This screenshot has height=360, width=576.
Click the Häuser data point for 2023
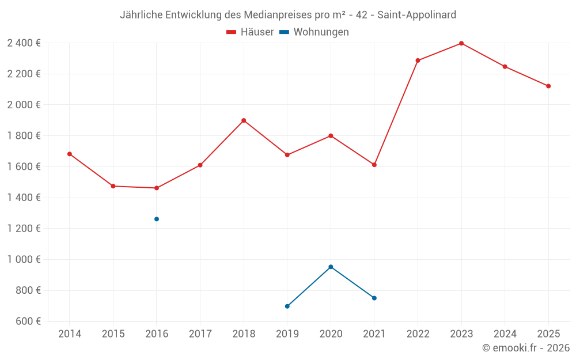461,43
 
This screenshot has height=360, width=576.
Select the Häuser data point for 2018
244,120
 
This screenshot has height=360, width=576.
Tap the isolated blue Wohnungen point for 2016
157,219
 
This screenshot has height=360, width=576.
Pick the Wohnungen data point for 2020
331,267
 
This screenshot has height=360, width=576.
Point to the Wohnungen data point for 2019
287,306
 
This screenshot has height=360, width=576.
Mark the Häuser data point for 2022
418,60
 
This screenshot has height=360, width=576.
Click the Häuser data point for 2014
70,154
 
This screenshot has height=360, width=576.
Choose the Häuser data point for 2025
548,86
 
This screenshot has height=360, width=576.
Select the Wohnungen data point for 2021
374,298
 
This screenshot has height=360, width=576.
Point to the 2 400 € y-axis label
24,43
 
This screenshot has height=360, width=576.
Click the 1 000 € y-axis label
24,259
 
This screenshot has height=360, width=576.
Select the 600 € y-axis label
27,321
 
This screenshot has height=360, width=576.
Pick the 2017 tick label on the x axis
200,334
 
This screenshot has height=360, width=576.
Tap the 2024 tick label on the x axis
505,334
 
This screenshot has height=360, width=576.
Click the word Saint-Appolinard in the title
416,14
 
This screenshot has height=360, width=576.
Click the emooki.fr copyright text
526,348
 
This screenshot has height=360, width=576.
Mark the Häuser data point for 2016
157,188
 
